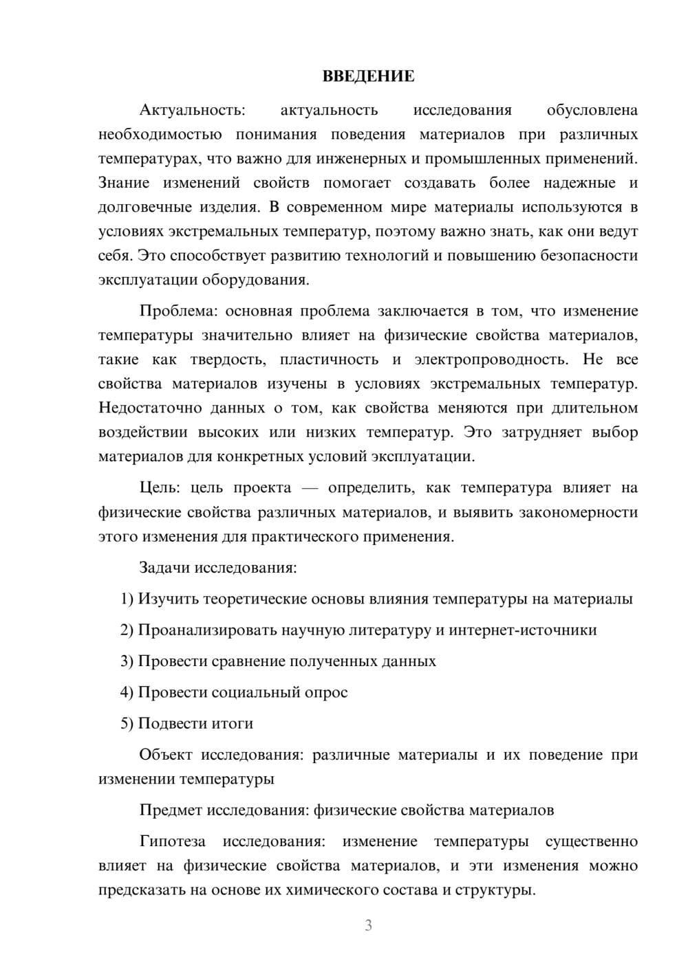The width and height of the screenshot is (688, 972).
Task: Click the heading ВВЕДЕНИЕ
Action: point(368,76)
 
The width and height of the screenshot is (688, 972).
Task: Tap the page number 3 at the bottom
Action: point(368,925)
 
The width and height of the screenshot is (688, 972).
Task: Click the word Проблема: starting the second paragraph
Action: point(178,311)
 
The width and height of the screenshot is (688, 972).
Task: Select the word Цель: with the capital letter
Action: point(160,487)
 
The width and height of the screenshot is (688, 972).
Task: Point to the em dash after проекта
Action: point(310,488)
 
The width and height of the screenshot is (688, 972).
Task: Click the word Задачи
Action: point(165,568)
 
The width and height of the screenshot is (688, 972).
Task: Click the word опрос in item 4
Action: point(325,692)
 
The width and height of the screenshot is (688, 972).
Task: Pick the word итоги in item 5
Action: point(230,723)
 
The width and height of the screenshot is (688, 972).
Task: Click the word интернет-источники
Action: point(523,630)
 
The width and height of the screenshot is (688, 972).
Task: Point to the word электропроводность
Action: point(491,360)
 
